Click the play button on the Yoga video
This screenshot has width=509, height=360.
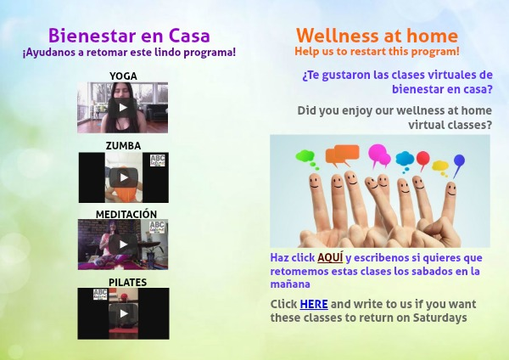click(x=123, y=108)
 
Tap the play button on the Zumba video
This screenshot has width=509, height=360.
click(x=123, y=177)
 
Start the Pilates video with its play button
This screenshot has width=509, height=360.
click(x=123, y=313)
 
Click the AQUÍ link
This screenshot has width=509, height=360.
click(x=330, y=257)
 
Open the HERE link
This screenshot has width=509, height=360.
click(x=314, y=305)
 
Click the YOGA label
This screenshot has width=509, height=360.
click(x=123, y=76)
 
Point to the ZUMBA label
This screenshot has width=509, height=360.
click(x=123, y=146)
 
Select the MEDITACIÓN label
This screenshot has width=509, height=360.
click(x=126, y=214)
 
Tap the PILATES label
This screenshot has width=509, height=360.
click(x=127, y=283)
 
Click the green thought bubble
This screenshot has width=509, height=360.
click(x=306, y=158)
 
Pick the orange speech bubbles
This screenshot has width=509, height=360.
click(x=343, y=155)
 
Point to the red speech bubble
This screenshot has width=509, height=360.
click(x=422, y=160)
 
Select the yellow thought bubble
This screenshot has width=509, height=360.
click(x=440, y=167)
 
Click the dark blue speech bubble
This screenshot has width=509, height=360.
click(x=459, y=162)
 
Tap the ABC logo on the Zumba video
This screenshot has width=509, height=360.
click(x=158, y=160)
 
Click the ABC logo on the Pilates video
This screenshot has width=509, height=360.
click(x=100, y=294)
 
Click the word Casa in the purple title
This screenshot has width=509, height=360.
click(x=189, y=36)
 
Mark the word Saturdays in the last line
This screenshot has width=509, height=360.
click(x=439, y=318)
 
